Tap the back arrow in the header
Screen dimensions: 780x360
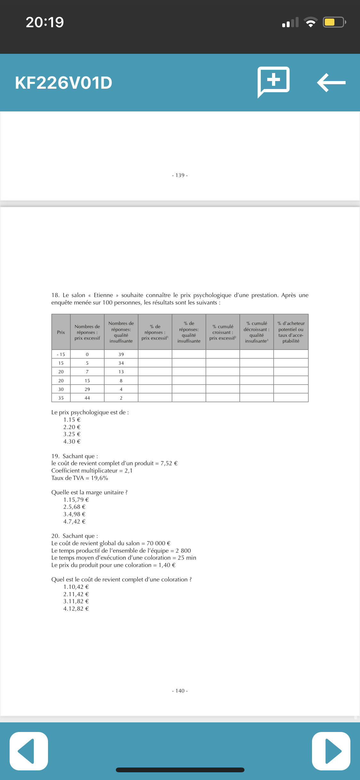(x=331, y=83)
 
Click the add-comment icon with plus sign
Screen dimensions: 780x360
(x=274, y=81)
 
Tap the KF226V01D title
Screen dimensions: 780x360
(x=63, y=83)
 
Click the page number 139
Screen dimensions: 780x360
(x=180, y=175)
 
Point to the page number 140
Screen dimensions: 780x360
(x=180, y=691)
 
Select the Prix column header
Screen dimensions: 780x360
(x=61, y=332)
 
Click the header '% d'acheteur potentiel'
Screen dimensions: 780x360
(x=291, y=332)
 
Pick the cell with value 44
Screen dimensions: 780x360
(x=87, y=398)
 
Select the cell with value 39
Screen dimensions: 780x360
(x=121, y=354)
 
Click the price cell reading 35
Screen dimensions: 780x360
(x=61, y=398)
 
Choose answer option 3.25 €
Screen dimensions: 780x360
(x=72, y=434)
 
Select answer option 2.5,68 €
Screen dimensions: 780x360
(x=75, y=507)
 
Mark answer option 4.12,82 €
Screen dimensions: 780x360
(x=76, y=609)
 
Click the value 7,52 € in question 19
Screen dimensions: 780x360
(x=169, y=463)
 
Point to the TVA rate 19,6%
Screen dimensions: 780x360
(x=100, y=478)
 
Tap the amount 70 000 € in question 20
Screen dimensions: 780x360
(x=158, y=543)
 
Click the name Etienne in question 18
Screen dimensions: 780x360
(x=103, y=295)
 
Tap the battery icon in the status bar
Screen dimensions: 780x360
(x=334, y=22)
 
